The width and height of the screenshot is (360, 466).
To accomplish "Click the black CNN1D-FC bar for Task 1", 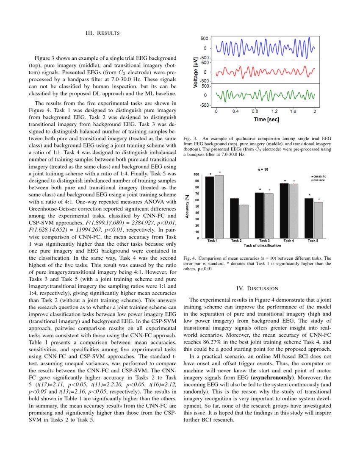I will (x=209, y=207).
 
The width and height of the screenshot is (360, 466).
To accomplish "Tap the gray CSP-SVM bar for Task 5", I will (x=318, y=220).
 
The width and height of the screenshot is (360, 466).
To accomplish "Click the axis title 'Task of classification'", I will (x=262, y=245).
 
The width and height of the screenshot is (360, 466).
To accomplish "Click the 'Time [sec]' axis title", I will (x=266, y=119).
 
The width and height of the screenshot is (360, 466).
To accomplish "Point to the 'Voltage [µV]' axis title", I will (x=196, y=72).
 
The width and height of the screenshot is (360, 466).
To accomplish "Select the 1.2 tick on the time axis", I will (x=274, y=112).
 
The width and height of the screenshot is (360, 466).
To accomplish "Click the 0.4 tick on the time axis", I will (x=235, y=112).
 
